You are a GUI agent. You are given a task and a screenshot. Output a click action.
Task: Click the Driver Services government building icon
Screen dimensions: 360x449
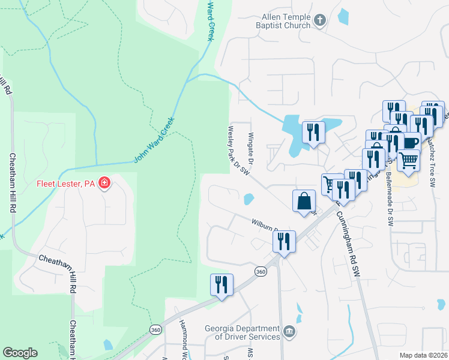[x=289, y=332]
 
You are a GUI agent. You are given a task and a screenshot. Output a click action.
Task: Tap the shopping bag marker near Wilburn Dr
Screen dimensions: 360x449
[x=304, y=202]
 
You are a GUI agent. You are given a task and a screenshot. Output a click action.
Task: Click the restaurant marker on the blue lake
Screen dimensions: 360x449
[x=313, y=132]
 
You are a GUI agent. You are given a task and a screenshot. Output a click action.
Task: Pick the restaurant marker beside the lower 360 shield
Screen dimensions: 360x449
[x=221, y=285]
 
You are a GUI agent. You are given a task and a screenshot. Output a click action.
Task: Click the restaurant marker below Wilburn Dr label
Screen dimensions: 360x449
[x=283, y=242]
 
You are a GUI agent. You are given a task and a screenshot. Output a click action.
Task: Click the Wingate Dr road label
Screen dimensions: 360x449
[x=252, y=146]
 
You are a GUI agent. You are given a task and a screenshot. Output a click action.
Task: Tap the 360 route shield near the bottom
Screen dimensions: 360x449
[x=156, y=330]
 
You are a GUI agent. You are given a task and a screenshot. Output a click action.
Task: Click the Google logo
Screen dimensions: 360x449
[x=20, y=353]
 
